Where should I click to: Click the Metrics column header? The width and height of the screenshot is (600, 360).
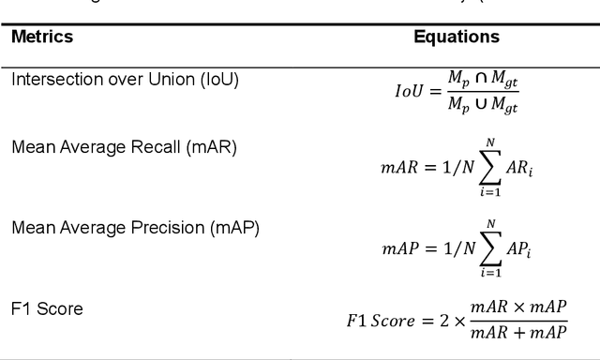42,37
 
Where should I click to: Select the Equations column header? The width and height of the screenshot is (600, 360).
457,37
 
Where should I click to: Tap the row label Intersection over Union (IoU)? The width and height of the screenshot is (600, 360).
125,80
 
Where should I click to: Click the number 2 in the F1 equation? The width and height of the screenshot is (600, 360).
443,321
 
